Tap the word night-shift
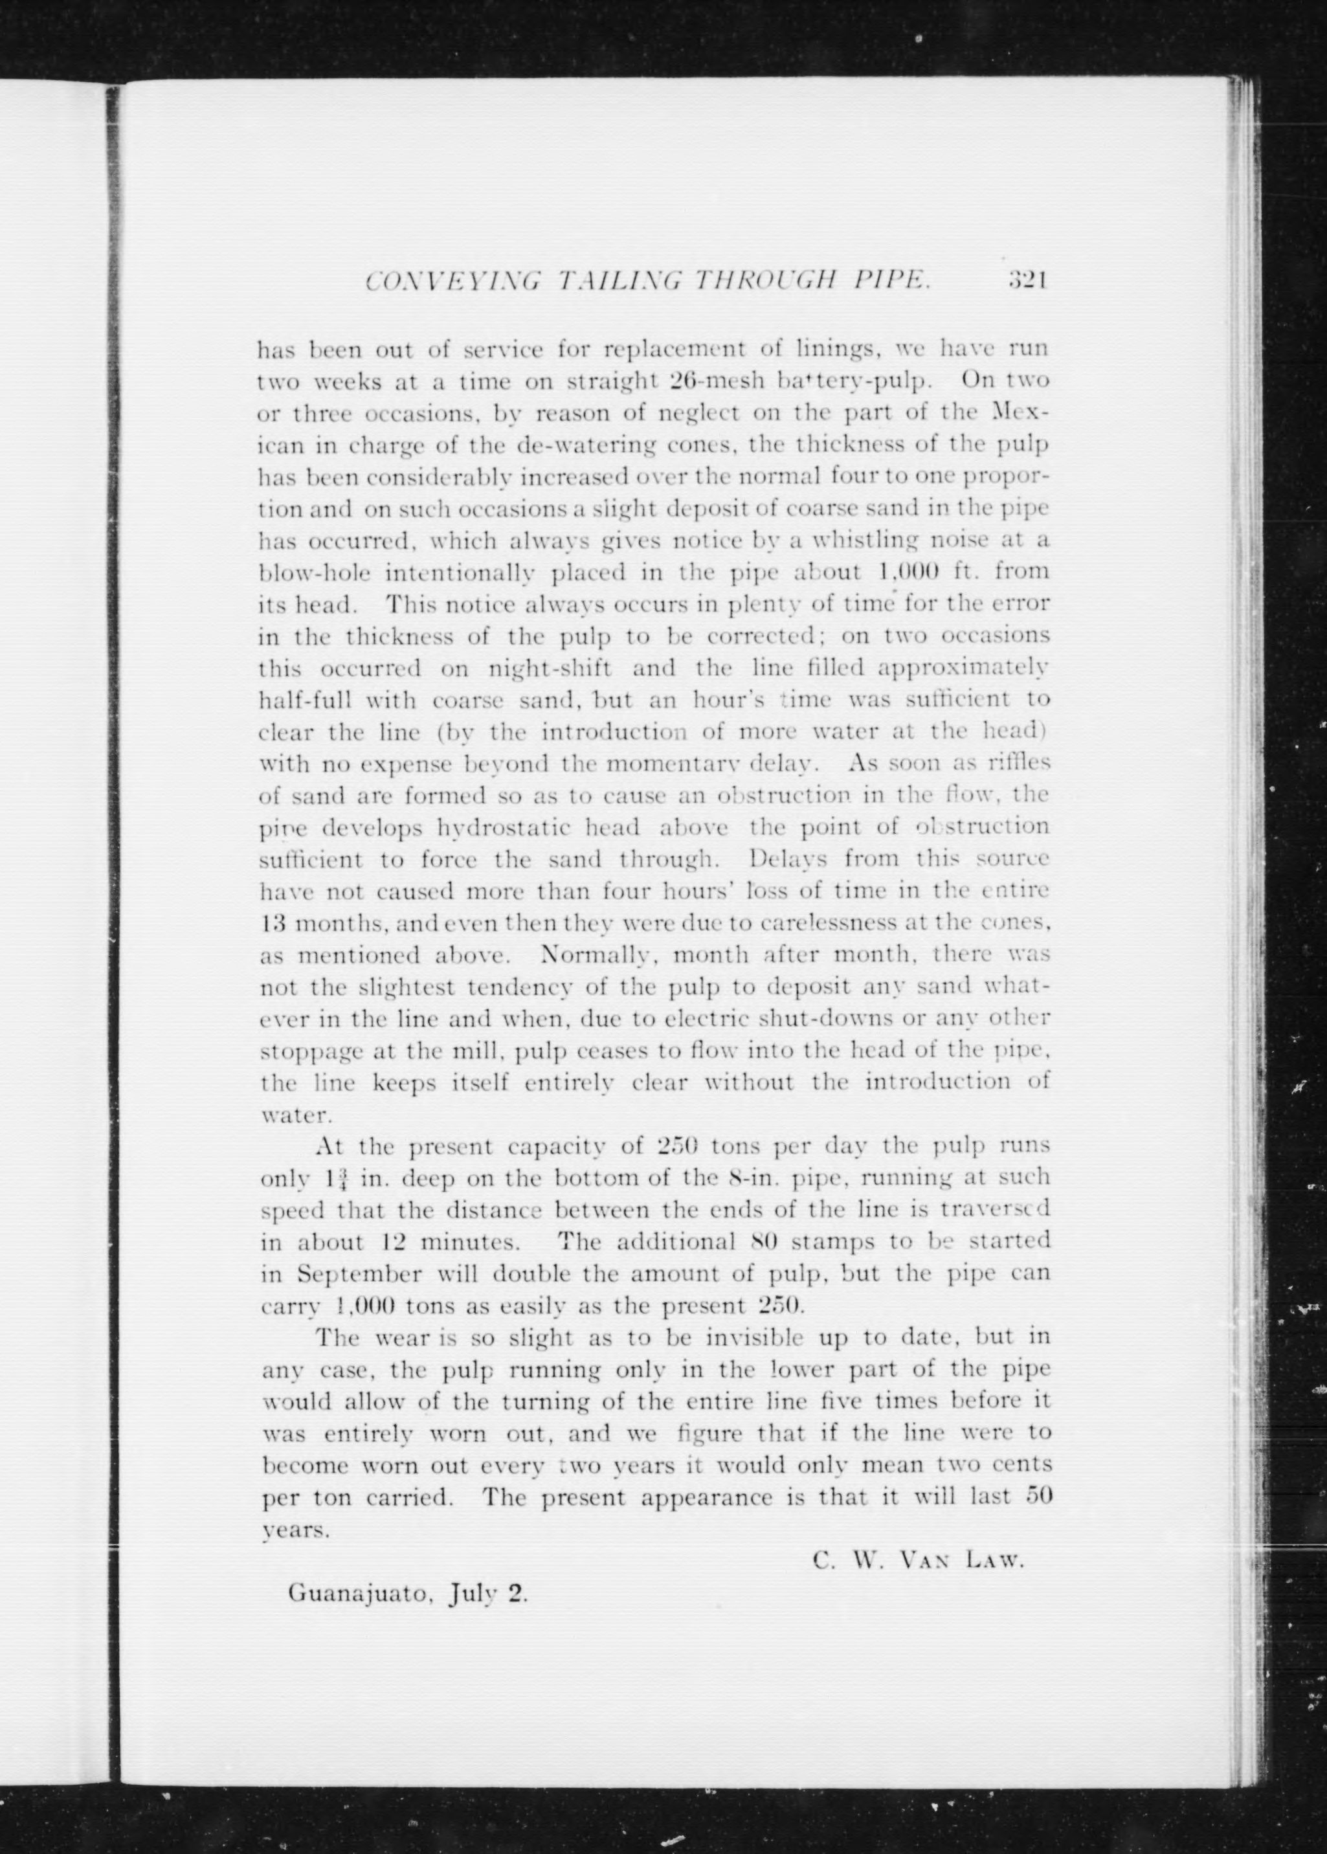(549, 669)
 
